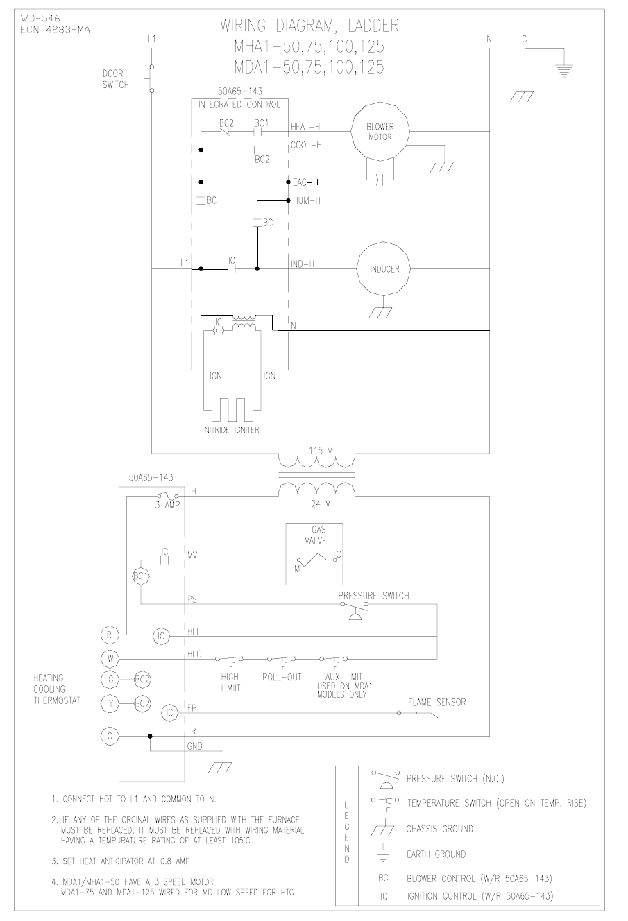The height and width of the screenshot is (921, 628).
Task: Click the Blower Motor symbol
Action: point(380,132)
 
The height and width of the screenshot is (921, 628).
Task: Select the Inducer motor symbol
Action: point(384,268)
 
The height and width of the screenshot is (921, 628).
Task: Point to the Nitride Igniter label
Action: point(232,430)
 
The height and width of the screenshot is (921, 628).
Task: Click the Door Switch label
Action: point(115,78)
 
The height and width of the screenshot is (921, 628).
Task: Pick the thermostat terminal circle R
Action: point(110,634)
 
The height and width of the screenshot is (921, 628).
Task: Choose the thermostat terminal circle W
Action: point(110,657)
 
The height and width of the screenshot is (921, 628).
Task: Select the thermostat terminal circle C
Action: point(110,736)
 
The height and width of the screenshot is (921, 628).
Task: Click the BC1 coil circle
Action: point(140,576)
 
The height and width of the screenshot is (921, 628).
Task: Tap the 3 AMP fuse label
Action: point(167,505)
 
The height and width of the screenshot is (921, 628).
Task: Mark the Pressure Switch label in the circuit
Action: point(373,595)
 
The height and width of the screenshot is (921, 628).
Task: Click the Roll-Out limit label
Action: point(282,677)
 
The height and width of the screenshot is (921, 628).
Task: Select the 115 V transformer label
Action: point(316,451)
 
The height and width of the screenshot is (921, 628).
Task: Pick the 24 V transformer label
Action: point(316,504)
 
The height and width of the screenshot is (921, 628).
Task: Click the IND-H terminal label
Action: point(303,264)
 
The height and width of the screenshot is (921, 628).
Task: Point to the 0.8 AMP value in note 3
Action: point(171,861)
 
